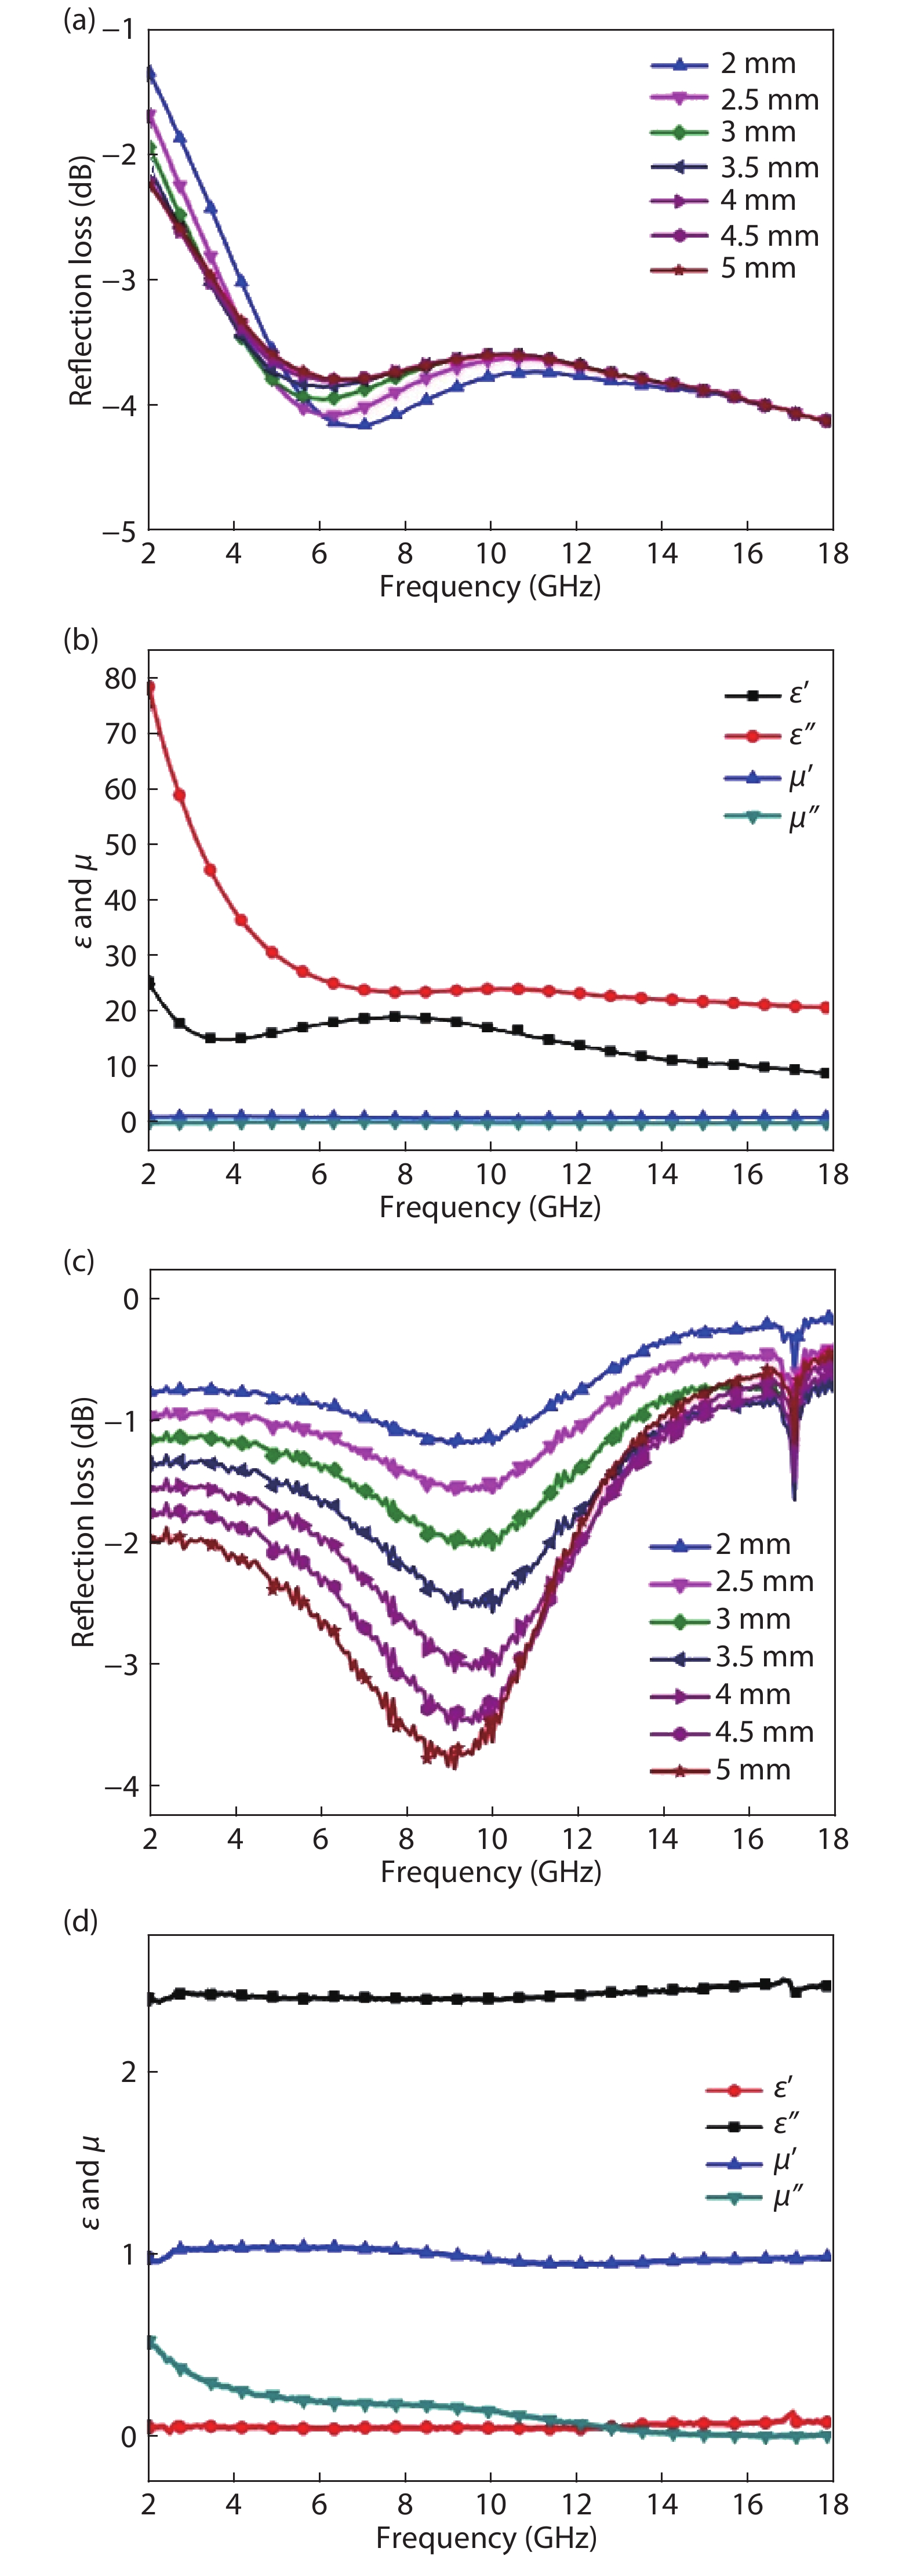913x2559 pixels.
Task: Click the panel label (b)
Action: coord(79,640)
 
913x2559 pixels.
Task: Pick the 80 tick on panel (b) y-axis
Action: coord(120,679)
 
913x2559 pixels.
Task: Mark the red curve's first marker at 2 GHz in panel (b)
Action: coord(150,686)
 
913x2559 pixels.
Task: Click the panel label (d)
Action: coord(79,1921)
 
